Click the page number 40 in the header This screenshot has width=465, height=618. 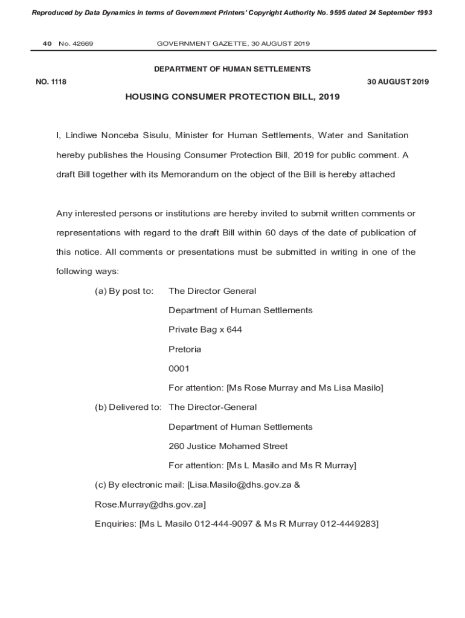click(46, 43)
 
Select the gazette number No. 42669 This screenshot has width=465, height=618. click(76, 43)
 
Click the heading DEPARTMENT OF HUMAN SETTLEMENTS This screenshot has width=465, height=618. click(232, 69)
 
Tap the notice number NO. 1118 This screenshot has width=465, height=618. click(51, 82)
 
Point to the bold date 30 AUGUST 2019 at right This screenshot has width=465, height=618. click(398, 82)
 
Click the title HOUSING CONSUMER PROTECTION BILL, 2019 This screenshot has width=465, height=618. click(232, 97)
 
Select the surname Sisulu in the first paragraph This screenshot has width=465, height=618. click(151, 135)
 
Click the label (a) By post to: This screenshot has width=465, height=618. click(124, 291)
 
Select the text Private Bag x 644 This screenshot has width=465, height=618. click(205, 330)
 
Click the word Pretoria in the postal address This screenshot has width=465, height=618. click(185, 349)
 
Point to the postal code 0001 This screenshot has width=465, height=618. click(179, 368)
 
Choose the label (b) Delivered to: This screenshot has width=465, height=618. click(128, 407)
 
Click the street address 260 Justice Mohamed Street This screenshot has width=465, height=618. click(228, 446)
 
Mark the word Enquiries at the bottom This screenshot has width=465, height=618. click(115, 523)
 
